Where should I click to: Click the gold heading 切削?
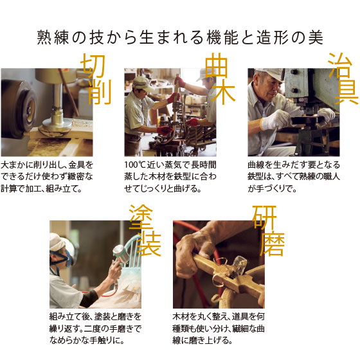click(96, 79)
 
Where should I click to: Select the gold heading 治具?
click(343, 78)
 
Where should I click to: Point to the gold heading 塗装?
click(145, 231)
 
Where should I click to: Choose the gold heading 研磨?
click(268, 231)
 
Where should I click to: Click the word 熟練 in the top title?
click(53, 37)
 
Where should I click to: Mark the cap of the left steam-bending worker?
click(142, 83)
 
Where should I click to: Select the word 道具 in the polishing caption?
click(240, 316)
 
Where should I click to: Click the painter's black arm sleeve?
click(89, 298)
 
